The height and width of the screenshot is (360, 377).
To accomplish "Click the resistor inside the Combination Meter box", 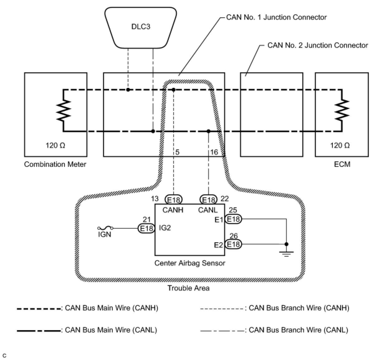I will pos(64,111).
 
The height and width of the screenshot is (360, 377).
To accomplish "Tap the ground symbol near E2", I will pos(287,253).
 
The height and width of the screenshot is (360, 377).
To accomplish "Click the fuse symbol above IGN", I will pos(105,228).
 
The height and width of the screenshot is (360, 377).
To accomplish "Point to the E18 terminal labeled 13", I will pos(174,199).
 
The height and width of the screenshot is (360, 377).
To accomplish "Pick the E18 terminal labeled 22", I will pos(208,199).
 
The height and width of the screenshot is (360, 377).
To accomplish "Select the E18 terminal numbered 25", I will pos(233,219).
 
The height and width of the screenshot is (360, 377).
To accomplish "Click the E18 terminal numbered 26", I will pos(233,244).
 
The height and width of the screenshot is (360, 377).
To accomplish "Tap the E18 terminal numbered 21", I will pos(146,229).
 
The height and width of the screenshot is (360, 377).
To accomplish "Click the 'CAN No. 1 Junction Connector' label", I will pos(276,17).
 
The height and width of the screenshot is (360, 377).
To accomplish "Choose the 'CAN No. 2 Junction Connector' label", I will pos(317,45).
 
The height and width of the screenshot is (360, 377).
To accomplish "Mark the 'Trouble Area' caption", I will pos(188,288).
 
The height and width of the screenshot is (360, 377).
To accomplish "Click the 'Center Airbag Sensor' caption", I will pos(190,263).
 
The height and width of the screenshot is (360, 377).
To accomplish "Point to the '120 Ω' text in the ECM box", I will pos(340,145).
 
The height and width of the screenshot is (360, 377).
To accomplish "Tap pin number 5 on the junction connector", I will pos(177,152).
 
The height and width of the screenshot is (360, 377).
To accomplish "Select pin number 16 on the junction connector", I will pos(214,152).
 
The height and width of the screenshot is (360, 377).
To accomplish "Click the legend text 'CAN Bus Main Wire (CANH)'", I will pos(112,308).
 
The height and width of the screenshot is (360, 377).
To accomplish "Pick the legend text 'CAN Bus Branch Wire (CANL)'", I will pos(298,330).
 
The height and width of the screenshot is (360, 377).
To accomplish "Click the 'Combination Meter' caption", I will pos(55,164).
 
